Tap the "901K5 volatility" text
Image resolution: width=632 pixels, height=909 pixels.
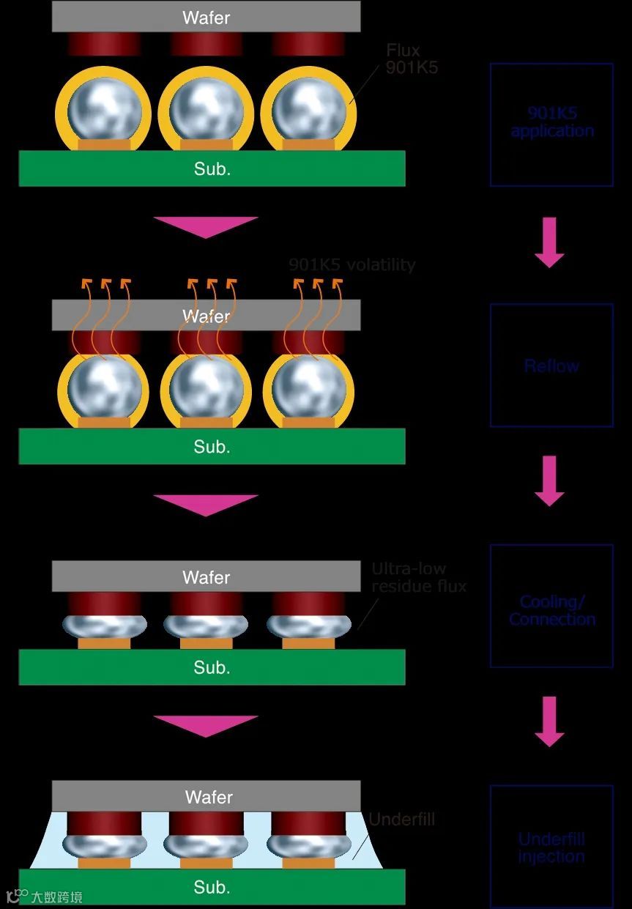(352, 264)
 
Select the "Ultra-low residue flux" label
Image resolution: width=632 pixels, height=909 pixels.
(418, 577)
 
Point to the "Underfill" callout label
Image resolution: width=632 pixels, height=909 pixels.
(401, 819)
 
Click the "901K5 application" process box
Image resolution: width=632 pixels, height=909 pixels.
(551, 124)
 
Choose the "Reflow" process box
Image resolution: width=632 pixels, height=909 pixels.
(551, 365)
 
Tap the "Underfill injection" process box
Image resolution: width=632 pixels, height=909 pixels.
(551, 847)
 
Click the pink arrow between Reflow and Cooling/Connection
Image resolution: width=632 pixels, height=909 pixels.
(549, 481)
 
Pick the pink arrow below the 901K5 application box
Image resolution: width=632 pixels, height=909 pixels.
(549, 241)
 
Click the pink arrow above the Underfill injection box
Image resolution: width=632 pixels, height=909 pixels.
(549, 721)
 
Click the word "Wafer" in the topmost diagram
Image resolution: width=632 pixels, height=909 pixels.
(206, 18)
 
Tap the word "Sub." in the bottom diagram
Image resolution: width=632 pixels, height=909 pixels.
(212, 887)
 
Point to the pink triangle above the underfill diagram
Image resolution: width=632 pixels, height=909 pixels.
(206, 725)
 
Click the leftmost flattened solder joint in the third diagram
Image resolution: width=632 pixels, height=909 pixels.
(104, 625)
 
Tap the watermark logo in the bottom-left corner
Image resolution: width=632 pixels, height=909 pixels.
(44, 897)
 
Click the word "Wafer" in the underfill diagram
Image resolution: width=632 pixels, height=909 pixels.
(209, 797)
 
